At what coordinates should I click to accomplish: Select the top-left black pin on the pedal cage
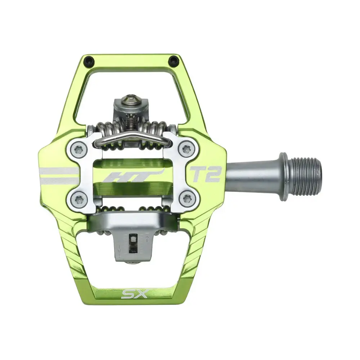coord(89,62)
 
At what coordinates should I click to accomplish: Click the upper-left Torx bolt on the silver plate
coord(79,149)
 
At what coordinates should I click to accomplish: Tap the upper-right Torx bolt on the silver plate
coord(186,148)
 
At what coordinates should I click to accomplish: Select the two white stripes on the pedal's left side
coord(58,175)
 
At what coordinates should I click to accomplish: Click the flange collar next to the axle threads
coord(283,176)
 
